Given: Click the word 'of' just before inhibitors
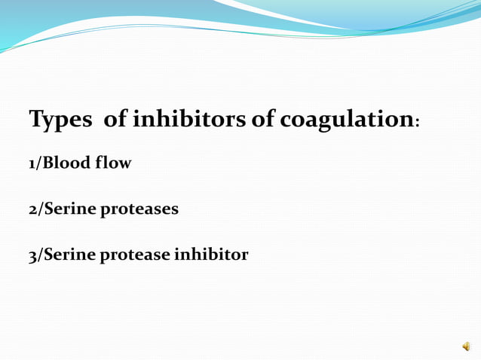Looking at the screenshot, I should (x=115, y=119).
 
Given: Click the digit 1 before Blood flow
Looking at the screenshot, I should (x=32, y=163).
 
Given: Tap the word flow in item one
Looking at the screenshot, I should (x=113, y=163).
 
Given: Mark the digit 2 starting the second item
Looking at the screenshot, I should (x=33, y=209).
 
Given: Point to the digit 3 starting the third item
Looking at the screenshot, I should (x=33, y=255).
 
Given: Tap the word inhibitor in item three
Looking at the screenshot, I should (x=211, y=255).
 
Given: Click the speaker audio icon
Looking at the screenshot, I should (x=466, y=346).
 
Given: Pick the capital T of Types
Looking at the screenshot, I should (x=35, y=119).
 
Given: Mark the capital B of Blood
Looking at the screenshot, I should (x=49, y=163).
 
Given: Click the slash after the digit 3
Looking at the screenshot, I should (x=41, y=255).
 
